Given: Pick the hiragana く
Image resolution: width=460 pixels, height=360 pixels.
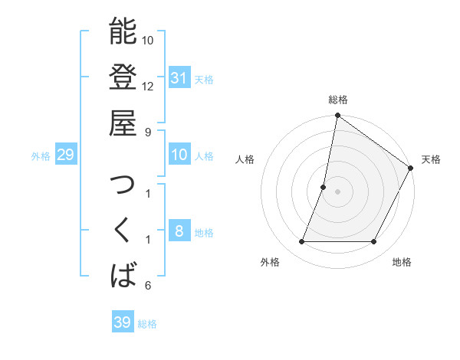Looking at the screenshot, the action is pos(123,229).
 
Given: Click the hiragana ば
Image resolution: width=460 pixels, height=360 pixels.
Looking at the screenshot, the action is pos(123,275).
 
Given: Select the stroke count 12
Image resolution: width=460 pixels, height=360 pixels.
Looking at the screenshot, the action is pos(148,86).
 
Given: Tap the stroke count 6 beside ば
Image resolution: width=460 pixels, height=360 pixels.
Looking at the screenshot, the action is pos(147,286).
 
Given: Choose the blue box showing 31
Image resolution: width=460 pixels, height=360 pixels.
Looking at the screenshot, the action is pos(179,77).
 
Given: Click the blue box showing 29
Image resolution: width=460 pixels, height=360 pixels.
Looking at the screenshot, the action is pos(65,155).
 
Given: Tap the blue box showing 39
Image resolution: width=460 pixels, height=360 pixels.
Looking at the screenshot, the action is pos(122,322).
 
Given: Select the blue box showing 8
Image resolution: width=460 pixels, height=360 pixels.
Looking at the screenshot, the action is pos(179,232).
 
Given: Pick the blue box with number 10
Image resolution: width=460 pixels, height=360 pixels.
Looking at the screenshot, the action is pos(179,155).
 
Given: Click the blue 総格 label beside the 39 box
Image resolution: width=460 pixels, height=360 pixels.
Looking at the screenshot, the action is pos(148,324).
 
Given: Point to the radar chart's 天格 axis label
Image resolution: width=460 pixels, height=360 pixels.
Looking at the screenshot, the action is pos(431,159).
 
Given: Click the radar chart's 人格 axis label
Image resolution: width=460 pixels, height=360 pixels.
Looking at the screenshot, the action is pos(245,159).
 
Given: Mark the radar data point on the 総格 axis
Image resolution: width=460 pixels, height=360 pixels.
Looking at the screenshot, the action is pos(337,116).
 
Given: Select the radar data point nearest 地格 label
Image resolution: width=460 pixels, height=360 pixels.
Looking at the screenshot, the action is pos(374,242).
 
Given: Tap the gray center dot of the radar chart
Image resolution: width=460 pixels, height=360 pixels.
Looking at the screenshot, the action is pos(337,191).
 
